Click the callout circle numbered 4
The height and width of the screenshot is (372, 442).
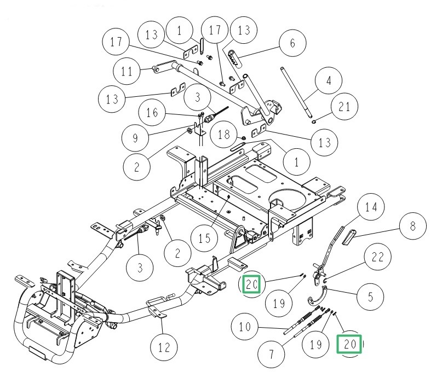329,81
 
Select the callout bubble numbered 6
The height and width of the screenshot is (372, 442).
292,43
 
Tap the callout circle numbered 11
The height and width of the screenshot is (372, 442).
127,71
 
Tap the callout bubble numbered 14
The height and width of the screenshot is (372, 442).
372,208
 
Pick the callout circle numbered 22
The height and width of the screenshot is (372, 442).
381,257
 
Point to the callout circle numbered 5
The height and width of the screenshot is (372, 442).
371,297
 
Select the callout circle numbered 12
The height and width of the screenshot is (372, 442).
164,347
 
